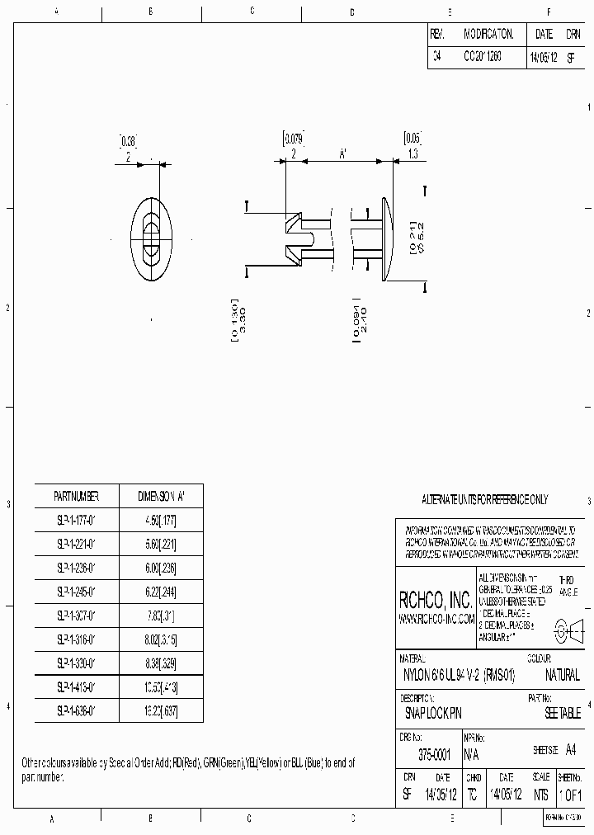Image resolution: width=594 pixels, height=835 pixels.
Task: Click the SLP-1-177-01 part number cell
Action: (77, 520)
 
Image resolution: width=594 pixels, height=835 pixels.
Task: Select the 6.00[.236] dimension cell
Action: (161, 568)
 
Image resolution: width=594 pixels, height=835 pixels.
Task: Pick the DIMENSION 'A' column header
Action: (161, 496)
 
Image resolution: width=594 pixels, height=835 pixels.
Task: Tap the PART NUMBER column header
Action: (77, 496)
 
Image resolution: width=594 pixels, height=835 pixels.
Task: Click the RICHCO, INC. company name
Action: (436, 600)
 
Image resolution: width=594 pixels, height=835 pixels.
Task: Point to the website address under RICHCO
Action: (436, 619)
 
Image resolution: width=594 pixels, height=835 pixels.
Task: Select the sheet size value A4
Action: (572, 748)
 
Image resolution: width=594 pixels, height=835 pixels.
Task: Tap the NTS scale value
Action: (540, 795)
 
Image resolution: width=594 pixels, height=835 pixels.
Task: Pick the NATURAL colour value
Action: (563, 675)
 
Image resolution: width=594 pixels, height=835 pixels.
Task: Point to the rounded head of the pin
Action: (387, 240)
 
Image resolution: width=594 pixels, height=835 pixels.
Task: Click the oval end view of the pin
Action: (151, 240)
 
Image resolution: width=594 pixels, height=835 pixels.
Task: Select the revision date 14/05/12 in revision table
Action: (542, 58)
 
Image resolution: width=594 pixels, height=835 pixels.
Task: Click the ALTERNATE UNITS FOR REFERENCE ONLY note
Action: (484, 500)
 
